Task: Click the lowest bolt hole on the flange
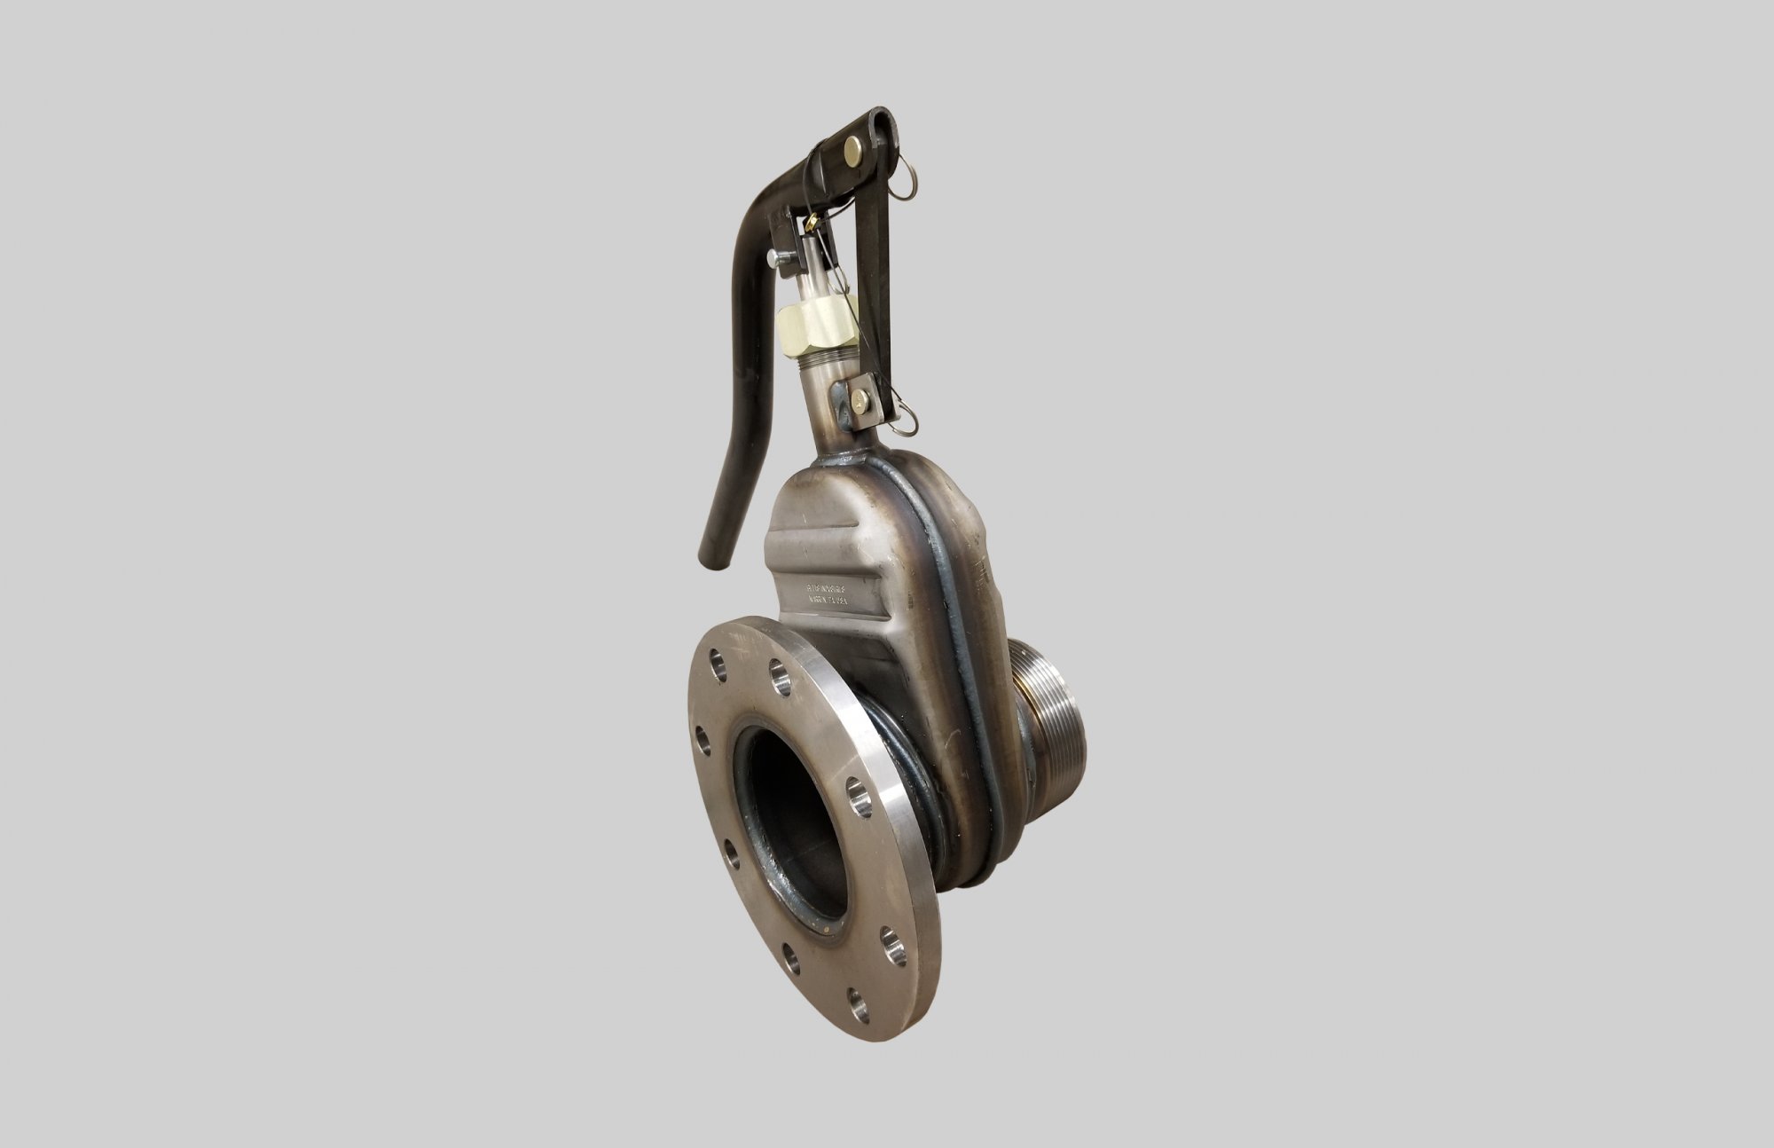tap(856, 1003)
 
